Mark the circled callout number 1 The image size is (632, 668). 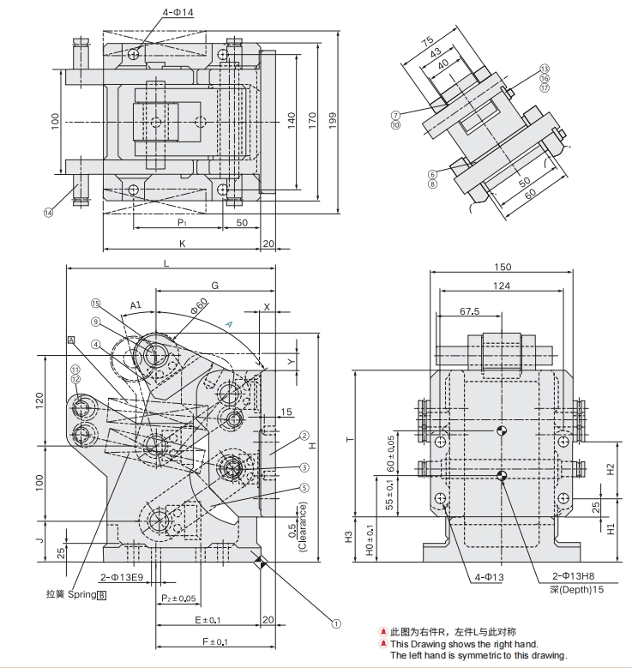336,625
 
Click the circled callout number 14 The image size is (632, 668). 48,212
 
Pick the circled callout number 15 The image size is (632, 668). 96,303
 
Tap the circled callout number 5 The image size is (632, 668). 304,488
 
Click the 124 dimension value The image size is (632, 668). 502,286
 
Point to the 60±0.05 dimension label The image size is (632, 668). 392,453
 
